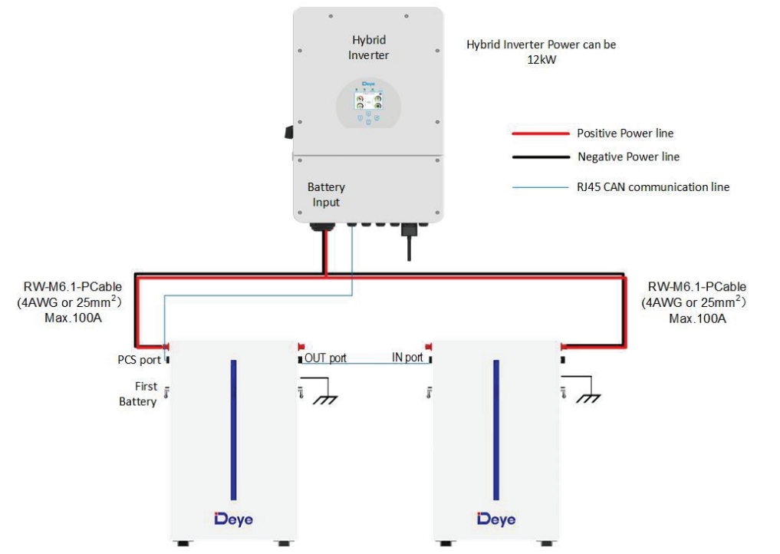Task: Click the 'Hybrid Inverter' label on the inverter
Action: click(369, 48)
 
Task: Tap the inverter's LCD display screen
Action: click(368, 100)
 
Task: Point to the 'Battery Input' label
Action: click(326, 195)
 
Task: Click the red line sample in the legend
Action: click(541, 134)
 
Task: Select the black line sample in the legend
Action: click(541, 157)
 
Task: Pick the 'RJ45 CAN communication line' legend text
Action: click(653, 187)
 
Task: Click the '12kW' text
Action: click(541, 60)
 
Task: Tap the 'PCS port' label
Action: click(139, 360)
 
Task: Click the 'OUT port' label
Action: click(325, 358)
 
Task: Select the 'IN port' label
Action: click(407, 358)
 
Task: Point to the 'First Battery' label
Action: click(138, 394)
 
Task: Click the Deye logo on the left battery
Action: click(233, 519)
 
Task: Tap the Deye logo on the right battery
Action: click(496, 519)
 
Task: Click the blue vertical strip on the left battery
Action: click(233, 430)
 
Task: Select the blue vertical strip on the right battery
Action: click(496, 430)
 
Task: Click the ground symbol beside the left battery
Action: click(325, 399)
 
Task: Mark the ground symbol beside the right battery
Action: click(588, 398)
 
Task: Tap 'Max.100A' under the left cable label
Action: click(73, 318)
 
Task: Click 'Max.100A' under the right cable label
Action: click(697, 318)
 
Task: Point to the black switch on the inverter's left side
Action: click(289, 132)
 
